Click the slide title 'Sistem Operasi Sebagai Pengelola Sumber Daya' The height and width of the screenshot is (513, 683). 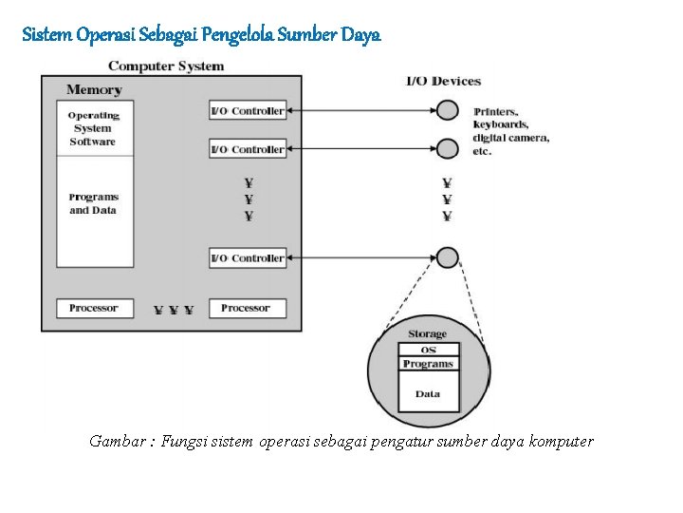point(201,35)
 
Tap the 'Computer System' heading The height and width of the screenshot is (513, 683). point(166,66)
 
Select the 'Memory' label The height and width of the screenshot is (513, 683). point(94,90)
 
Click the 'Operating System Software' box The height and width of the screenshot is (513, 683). point(93,128)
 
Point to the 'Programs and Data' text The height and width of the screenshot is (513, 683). point(93,204)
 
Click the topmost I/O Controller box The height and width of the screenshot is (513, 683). point(247,111)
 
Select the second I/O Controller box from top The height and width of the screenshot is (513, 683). point(247,149)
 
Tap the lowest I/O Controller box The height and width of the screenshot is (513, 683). point(247,258)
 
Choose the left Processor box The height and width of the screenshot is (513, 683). point(94,308)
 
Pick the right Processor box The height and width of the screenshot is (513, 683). point(246,308)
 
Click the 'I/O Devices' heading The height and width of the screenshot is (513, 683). point(444,82)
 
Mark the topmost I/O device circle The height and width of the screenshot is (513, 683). point(447,110)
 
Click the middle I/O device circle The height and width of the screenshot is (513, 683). point(447,148)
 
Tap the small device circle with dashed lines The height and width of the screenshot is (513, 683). point(447,257)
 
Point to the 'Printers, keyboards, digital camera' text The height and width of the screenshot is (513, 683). point(510,131)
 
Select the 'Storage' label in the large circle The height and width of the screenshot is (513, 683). point(427,334)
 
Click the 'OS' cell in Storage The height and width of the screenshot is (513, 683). point(428,350)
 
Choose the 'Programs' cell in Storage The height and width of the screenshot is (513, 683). point(428,364)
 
